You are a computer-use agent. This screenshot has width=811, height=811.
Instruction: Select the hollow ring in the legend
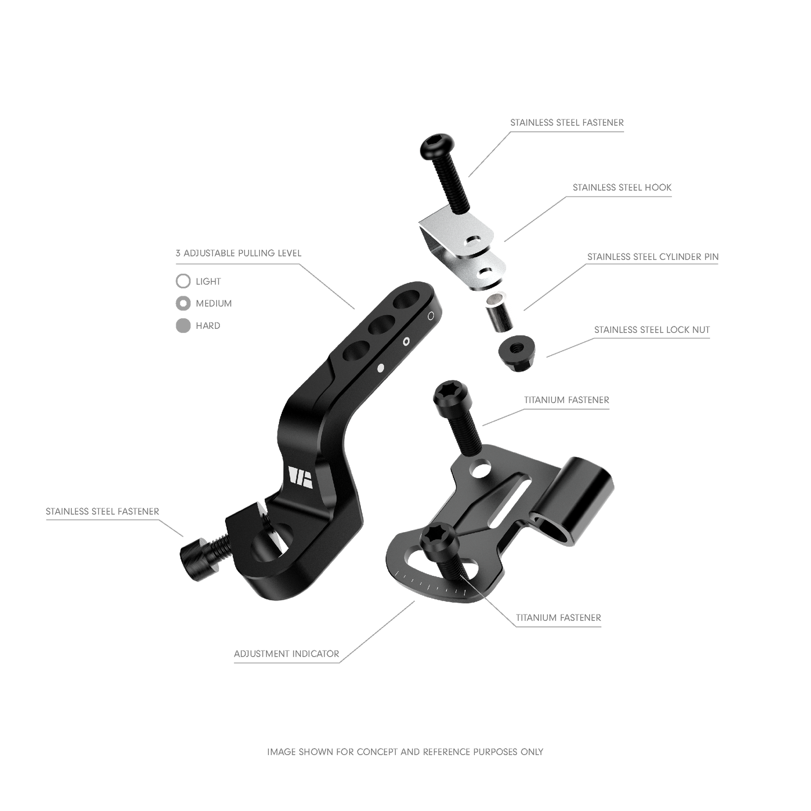point(184,279)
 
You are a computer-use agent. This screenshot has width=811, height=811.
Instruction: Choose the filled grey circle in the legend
point(184,326)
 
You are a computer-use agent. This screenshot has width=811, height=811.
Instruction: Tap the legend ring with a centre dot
point(184,303)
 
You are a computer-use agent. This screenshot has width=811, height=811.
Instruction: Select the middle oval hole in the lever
point(378,326)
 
